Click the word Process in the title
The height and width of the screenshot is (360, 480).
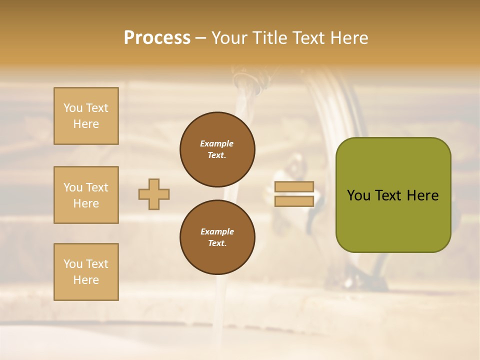(x=157, y=38)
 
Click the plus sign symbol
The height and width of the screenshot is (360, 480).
(x=154, y=194)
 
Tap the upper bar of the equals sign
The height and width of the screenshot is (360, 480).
(x=294, y=187)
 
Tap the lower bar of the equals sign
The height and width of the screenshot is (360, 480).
(x=294, y=201)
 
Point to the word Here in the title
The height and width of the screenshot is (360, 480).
(x=348, y=38)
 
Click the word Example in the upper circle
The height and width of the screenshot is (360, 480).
(x=217, y=143)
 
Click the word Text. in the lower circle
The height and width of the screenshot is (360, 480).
(x=217, y=243)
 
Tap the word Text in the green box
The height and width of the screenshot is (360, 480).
(x=388, y=195)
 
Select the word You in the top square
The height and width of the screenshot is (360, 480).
(x=73, y=108)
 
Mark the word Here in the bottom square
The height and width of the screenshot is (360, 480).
(x=86, y=280)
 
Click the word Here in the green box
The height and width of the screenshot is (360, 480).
(x=422, y=195)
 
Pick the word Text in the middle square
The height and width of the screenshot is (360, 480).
(x=97, y=187)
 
